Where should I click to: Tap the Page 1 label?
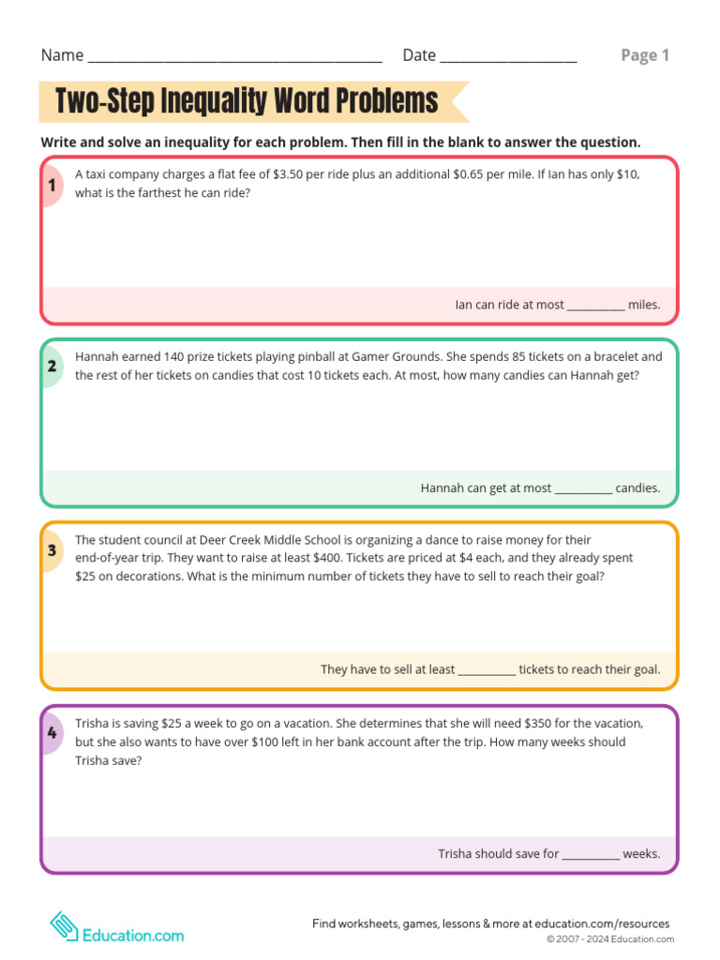click(x=645, y=55)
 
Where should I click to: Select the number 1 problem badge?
click(x=52, y=186)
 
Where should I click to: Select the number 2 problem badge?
click(x=52, y=367)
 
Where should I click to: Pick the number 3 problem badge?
click(x=52, y=550)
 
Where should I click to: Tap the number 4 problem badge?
click(x=52, y=732)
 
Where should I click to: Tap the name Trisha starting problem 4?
click(x=93, y=724)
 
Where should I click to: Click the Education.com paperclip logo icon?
click(x=64, y=928)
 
